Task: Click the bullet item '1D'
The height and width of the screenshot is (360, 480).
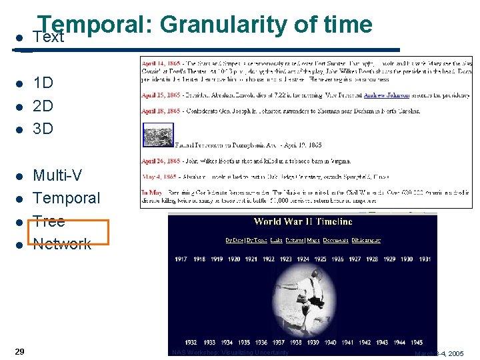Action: (x=43, y=83)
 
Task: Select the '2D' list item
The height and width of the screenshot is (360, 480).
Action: (x=43, y=106)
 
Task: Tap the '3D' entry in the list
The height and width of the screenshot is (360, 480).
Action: (x=43, y=129)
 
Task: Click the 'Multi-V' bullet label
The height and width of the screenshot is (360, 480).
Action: (x=58, y=175)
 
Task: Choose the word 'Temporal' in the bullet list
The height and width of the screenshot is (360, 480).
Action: (x=66, y=198)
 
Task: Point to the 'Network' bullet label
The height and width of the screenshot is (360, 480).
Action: (x=62, y=244)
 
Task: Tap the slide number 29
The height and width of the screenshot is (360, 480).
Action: (x=20, y=351)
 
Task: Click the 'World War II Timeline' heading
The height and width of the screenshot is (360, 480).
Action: (x=303, y=222)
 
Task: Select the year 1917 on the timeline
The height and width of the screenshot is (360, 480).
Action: (x=181, y=259)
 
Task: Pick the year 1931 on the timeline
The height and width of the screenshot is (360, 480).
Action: (x=424, y=259)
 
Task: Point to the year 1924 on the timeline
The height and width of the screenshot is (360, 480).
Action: (x=303, y=259)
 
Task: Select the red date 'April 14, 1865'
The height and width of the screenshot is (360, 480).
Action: (x=160, y=60)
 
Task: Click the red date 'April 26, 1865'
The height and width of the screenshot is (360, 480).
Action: (x=160, y=161)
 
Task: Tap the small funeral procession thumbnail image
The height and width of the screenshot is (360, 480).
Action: (x=158, y=135)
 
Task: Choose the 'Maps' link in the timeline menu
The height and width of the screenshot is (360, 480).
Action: (x=313, y=241)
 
